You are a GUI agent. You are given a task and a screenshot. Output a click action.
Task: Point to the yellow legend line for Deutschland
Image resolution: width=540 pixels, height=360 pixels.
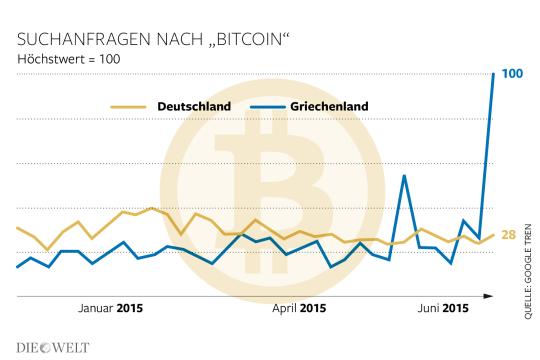click(129, 106)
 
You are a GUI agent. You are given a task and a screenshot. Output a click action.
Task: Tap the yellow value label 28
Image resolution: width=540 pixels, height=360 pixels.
click(508, 235)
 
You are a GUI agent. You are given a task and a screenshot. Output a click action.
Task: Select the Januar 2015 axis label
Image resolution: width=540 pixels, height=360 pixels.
click(110, 308)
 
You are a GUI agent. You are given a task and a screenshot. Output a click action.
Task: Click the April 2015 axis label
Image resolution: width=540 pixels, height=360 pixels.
click(298, 308)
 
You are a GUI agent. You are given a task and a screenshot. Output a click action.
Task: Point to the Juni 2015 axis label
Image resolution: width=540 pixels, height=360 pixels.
click(441, 308)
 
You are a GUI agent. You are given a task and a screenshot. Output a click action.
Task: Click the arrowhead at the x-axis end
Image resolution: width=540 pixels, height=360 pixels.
click(489, 296)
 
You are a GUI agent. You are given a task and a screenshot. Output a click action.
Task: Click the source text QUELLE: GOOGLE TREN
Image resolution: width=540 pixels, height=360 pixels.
click(528, 269)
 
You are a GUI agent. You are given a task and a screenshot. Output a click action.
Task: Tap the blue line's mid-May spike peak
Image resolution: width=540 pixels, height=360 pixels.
click(403, 175)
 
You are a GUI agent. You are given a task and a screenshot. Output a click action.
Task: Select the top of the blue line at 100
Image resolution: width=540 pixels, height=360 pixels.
click(494, 74)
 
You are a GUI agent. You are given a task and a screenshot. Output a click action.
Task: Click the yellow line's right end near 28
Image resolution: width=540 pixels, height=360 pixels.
click(494, 234)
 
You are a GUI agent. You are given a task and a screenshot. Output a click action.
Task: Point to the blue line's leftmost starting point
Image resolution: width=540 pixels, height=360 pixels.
click(17, 267)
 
